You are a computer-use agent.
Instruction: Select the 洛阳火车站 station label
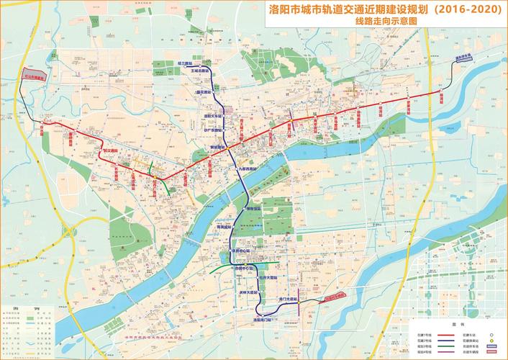(x=214, y=115)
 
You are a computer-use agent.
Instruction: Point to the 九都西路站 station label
(x=247, y=167)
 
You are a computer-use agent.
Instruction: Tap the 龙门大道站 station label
(x=288, y=298)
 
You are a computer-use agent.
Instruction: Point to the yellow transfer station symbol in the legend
(x=491, y=341)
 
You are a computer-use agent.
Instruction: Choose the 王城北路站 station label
(x=199, y=71)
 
